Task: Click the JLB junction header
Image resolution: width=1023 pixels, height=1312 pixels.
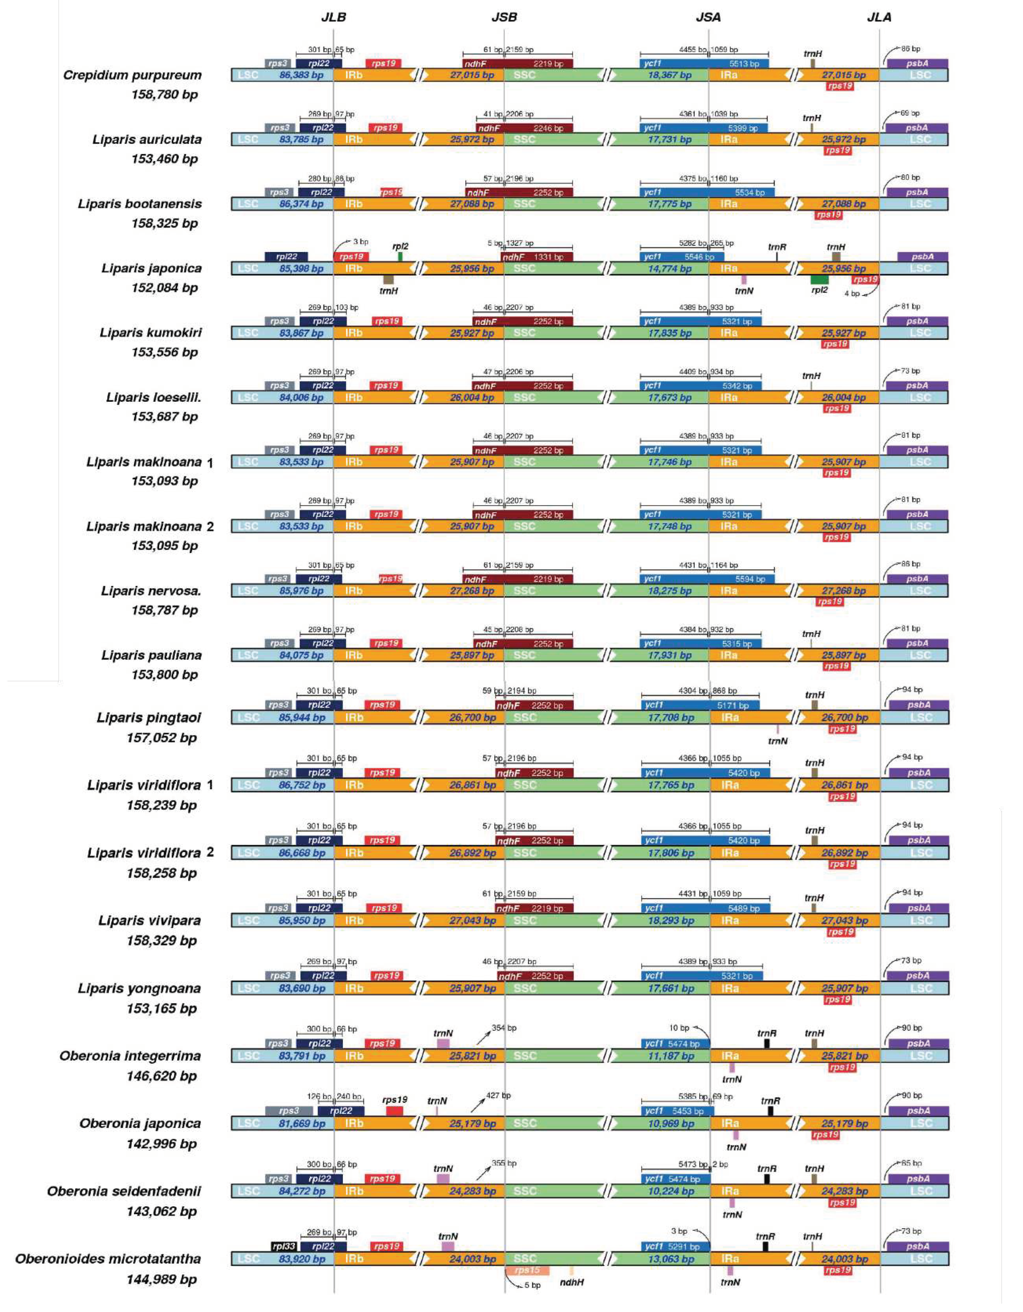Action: (333, 17)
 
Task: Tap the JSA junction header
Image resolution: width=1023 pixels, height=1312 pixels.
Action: (708, 17)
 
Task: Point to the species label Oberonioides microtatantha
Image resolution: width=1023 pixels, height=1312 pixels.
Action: (108, 1259)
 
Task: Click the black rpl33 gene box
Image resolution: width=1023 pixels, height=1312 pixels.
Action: (283, 1246)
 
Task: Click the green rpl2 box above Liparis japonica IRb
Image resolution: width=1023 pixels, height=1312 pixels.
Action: (400, 256)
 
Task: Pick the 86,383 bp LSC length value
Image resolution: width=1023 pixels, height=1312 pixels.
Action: (301, 76)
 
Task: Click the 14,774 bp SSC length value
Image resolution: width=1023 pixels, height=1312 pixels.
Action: (669, 269)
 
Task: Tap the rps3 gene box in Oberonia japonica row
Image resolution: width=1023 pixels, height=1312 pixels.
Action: (288, 1111)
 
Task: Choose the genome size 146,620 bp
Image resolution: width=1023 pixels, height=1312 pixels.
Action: (161, 1076)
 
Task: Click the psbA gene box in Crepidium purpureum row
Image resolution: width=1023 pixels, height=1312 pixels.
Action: (917, 63)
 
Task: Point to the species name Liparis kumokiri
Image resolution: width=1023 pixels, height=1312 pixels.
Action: (150, 333)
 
